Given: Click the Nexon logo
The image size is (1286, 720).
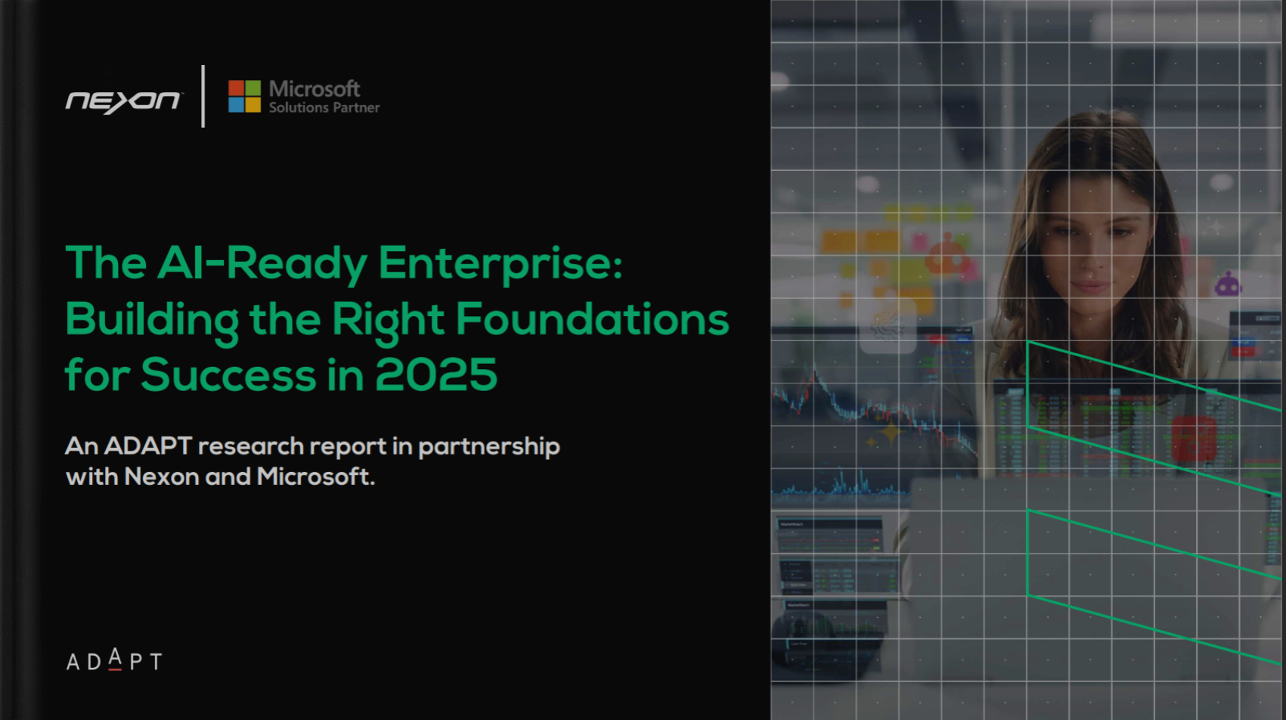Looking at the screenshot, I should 123,101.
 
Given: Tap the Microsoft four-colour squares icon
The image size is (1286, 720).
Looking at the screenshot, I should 244,96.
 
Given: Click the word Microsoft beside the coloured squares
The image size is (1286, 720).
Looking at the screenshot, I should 315,89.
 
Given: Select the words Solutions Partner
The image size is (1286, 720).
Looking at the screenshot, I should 324,108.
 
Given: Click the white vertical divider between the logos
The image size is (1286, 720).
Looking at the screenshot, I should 203,96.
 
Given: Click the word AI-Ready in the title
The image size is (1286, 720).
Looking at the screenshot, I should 262,263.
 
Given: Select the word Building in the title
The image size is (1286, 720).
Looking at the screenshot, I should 152,320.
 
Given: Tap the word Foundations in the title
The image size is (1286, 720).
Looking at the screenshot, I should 592,319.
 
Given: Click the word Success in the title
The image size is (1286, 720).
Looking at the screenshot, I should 228,375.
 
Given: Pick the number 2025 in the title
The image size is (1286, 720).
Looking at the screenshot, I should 436,375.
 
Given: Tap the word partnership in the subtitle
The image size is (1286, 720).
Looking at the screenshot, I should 489,447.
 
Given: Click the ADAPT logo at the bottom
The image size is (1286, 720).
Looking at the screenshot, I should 114,661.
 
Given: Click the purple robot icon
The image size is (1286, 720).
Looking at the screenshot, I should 1228,284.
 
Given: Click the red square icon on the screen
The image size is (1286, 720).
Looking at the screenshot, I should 1193,439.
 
